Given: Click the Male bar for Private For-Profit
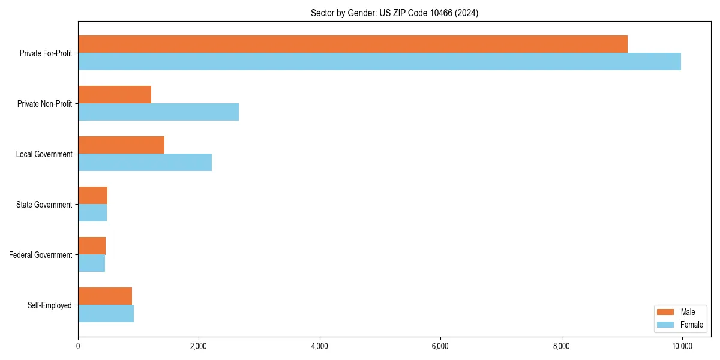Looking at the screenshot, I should pos(353,44).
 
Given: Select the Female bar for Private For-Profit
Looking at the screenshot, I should pos(379,62).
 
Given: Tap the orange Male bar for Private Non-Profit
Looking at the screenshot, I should pos(115,95).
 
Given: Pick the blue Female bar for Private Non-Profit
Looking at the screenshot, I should pos(158,112).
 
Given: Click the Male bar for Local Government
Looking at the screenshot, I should pos(121,145).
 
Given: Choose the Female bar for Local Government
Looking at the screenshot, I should pos(145,163).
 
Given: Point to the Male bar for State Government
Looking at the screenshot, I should pos(93,196).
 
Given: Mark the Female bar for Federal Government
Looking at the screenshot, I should pos(92,263).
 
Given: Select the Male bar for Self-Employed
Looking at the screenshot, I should pos(105,296).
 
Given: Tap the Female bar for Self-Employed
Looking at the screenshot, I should pos(106,314).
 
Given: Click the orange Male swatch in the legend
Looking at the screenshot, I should pos(666,312).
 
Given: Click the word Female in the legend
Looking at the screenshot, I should pos(691,325).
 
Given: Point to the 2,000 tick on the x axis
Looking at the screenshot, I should pos(199,346).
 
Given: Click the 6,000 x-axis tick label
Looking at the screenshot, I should pos(440,346).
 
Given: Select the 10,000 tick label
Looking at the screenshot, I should pos(682,346).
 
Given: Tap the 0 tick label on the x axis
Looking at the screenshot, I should pos(78,346).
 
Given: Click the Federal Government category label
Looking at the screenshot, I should pos(41,255).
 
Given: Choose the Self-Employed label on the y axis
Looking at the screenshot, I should pos(49,305).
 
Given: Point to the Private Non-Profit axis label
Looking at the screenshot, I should pos(44,104).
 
